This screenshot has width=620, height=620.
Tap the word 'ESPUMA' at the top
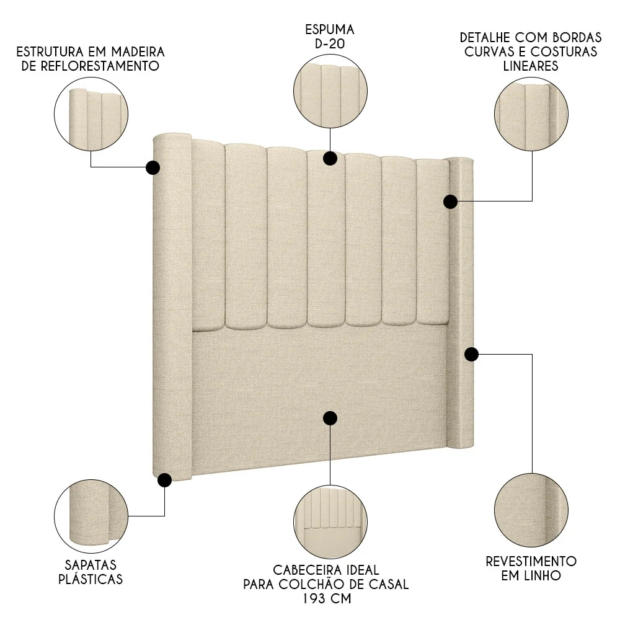(x=329, y=29)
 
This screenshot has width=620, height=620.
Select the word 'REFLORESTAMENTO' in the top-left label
(x=91, y=66)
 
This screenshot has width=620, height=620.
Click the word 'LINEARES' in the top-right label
(x=531, y=66)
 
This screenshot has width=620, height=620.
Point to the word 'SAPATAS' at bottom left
(x=91, y=565)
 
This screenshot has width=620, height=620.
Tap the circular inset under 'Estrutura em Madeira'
(x=91, y=117)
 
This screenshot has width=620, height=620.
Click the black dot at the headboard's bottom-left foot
(x=164, y=479)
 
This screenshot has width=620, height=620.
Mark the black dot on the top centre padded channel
(x=330, y=158)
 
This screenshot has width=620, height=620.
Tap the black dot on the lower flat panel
(x=330, y=418)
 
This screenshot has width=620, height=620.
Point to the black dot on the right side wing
(x=471, y=354)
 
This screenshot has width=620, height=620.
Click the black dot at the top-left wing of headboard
(x=153, y=167)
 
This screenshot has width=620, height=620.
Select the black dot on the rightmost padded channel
(x=451, y=201)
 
